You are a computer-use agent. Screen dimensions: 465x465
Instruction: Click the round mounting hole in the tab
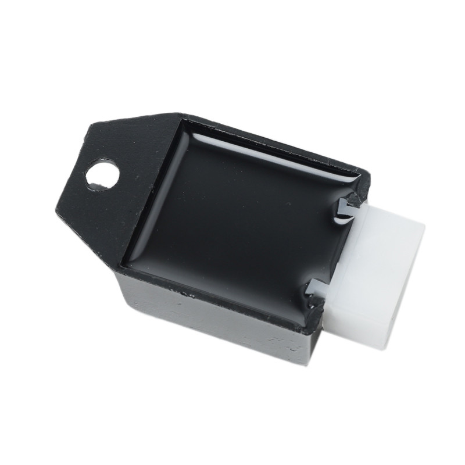(102, 174)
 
